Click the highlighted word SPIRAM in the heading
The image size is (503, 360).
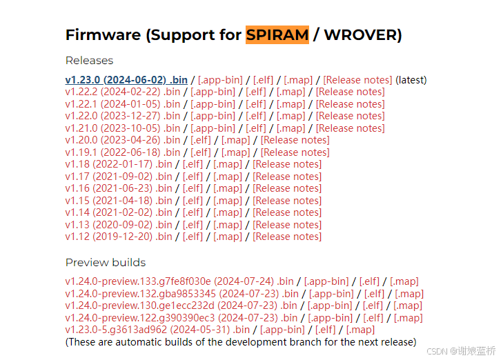pyautogui.click(x=277, y=34)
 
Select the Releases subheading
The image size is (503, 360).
pyautogui.click(x=89, y=60)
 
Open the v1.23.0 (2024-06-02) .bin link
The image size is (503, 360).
pyautogui.click(x=126, y=79)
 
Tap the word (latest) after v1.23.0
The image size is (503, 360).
pyautogui.click(x=411, y=79)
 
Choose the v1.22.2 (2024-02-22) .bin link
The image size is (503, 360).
pyautogui.click(x=122, y=92)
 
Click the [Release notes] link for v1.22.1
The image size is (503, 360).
pyautogui.click(x=350, y=104)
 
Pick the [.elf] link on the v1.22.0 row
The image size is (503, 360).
pyautogui.click(x=256, y=116)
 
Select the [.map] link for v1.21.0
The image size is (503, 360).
pyautogui.click(x=290, y=128)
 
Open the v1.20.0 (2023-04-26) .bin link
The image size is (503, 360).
pyautogui.click(x=122, y=140)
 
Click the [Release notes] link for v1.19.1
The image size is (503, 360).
pyautogui.click(x=295, y=152)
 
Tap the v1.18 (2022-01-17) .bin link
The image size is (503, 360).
pyautogui.click(x=119, y=164)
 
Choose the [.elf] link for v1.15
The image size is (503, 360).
pyautogui.click(x=193, y=201)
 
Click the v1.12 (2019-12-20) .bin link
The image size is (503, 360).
pyautogui.click(x=119, y=237)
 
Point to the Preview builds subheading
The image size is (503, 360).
pyautogui.click(x=105, y=262)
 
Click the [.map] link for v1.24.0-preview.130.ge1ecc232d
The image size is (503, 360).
pyautogui.click(x=407, y=306)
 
